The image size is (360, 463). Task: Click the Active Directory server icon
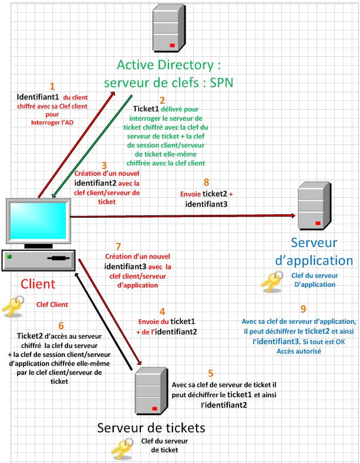169,28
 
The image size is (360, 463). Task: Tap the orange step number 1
52,86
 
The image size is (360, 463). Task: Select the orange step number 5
211,373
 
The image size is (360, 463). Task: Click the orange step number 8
207,182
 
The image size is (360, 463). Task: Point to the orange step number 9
303,309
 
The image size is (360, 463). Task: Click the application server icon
314,205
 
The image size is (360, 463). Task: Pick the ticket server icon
152,391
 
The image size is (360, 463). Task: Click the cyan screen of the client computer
38,221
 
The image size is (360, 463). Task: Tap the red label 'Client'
38,284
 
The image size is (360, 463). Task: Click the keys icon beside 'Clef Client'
13,306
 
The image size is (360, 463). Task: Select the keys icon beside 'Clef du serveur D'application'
272,282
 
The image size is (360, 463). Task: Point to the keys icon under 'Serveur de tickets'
122,449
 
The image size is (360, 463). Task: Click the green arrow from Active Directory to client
92,146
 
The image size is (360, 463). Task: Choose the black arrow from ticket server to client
103,321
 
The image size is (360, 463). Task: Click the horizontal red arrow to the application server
183,216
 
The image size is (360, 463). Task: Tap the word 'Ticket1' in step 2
146,109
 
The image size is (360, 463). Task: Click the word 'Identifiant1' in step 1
38,97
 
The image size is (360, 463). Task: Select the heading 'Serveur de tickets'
151,428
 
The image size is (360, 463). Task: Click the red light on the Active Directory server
172,45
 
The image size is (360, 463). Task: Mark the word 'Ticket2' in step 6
30,336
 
